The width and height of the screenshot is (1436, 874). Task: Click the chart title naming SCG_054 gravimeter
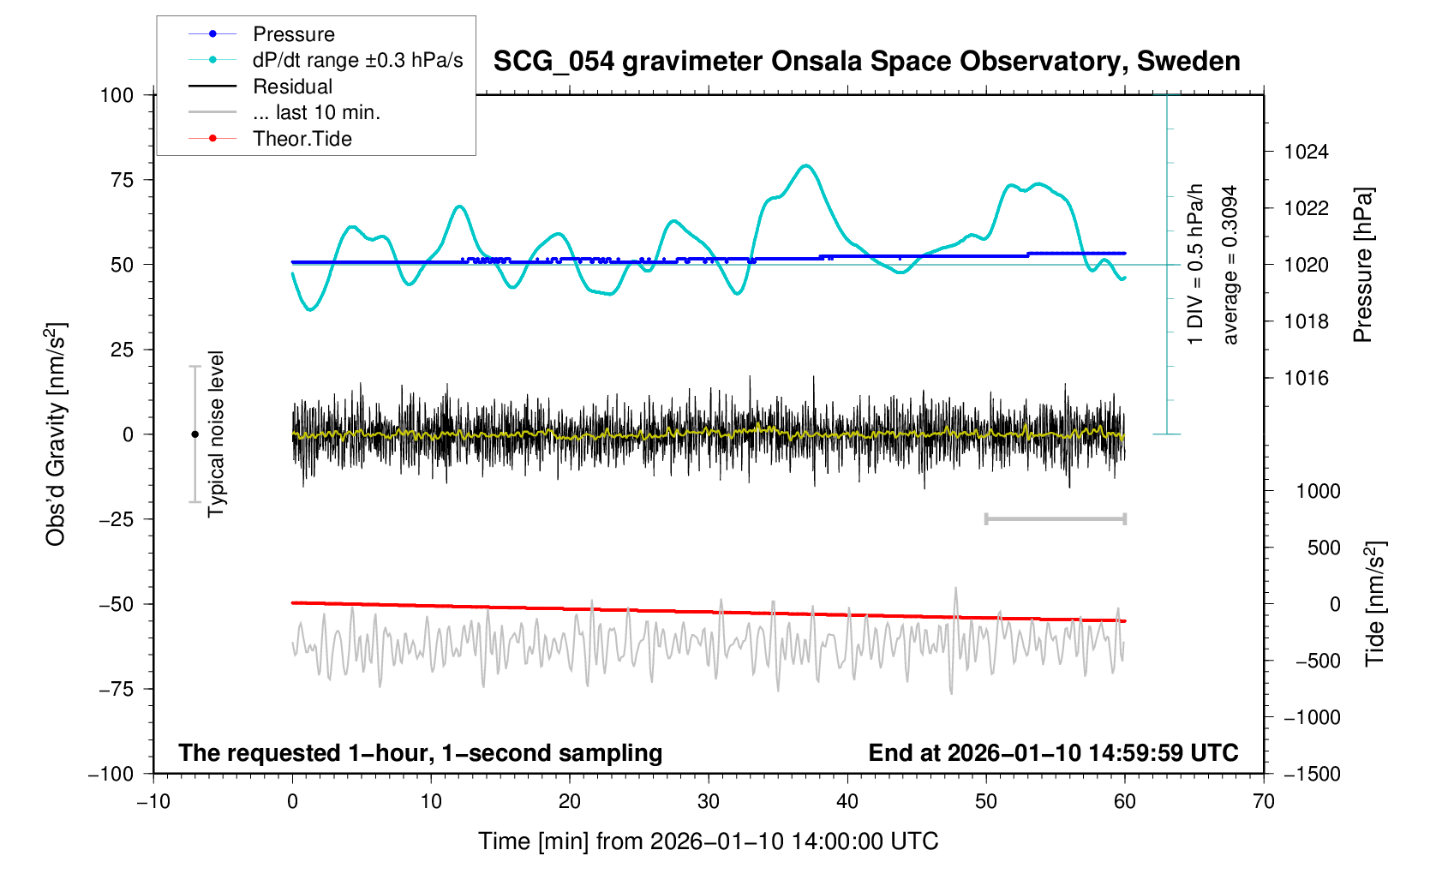[866, 62]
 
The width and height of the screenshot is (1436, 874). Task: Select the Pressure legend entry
[293, 34]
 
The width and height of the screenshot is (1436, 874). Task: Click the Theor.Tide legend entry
[302, 139]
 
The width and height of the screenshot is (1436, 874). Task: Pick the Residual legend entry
[292, 87]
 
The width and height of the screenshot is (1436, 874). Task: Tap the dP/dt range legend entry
[357, 60]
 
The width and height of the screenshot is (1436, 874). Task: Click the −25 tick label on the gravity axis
[117, 519]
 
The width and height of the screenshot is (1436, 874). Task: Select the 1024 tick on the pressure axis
[1306, 153]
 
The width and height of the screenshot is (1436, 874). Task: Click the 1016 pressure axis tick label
[1306, 379]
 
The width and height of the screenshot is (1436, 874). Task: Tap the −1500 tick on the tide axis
[1312, 775]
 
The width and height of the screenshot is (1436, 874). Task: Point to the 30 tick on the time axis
[709, 802]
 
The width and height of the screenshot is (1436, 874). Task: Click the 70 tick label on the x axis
[1263, 802]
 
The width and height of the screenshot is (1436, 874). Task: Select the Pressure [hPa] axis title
[1362, 266]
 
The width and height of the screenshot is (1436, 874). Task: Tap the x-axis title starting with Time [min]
[708, 841]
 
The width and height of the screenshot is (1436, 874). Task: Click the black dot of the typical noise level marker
[194, 434]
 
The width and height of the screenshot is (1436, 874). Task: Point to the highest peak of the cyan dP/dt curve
[805, 165]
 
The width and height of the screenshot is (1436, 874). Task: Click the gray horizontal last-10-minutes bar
[1055, 519]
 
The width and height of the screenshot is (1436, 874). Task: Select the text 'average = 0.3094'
[1230, 266]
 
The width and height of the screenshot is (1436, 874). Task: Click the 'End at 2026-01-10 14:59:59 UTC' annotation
[1053, 753]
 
